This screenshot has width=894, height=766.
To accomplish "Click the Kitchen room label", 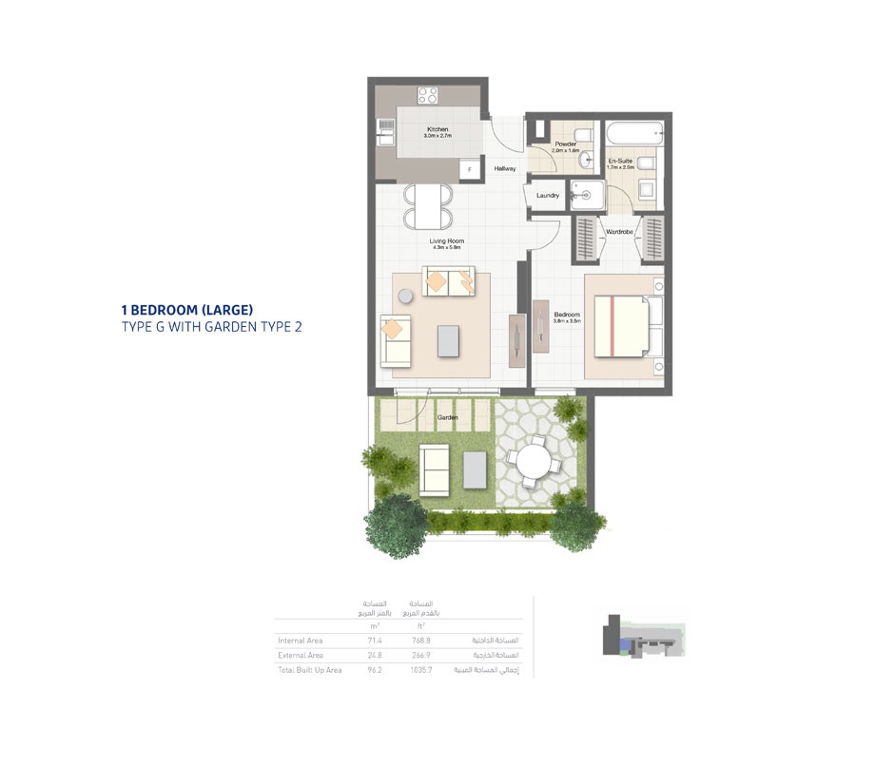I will tap(437, 129).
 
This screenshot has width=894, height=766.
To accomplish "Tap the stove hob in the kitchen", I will tap(428, 95).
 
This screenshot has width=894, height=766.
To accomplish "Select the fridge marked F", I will tap(468, 170).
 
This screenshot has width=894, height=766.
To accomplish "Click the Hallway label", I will tap(505, 169).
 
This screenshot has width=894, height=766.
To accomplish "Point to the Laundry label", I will tap(548, 196).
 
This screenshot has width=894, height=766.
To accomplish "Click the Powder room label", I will tap(566, 144).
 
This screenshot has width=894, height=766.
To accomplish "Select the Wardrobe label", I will tap(619, 231).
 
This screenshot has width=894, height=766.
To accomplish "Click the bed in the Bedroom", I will tap(624, 326).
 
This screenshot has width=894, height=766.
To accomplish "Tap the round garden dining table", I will tap(532, 466).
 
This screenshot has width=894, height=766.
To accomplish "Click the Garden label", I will tap(448, 417).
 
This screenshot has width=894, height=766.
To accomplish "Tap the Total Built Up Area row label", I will tap(310, 670).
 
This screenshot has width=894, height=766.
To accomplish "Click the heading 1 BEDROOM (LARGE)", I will tap(186, 310).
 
